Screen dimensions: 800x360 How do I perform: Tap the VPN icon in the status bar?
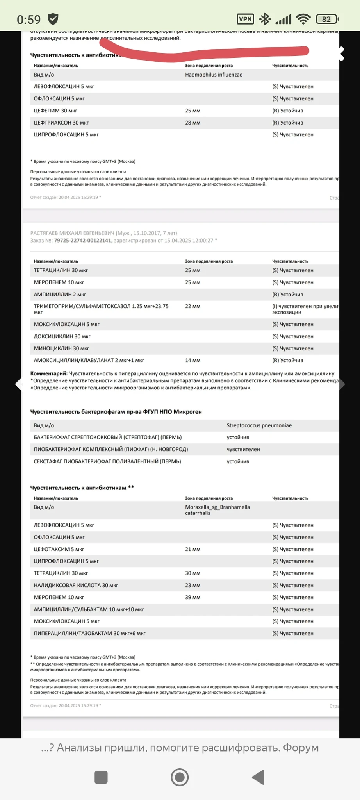pyautogui.click(x=245, y=19)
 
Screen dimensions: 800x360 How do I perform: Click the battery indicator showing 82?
pyautogui.click(x=327, y=19)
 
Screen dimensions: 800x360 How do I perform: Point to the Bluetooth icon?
pyautogui.click(x=265, y=19)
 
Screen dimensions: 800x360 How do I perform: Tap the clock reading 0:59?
pyautogui.click(x=29, y=20)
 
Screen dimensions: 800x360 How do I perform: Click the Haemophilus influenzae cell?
pyautogui.click(x=214, y=75)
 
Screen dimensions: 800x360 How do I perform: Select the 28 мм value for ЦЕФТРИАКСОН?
pyautogui.click(x=192, y=123)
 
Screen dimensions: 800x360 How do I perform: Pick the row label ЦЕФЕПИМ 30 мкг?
pyautogui.click(x=55, y=111)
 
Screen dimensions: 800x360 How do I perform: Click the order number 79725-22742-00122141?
pyautogui.click(x=83, y=241)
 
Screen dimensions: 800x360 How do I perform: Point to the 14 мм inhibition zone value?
pyautogui.click(x=192, y=360)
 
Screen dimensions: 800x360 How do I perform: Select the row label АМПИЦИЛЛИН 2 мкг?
pyautogui.click(x=60, y=295)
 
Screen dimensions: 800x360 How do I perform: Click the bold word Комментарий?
pyautogui.click(x=49, y=373)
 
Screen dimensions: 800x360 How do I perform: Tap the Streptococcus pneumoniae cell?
pyautogui.click(x=259, y=425)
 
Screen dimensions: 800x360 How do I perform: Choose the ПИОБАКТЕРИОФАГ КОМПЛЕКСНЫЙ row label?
pyautogui.click(x=110, y=449)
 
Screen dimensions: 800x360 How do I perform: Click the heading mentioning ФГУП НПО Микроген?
pyautogui.click(x=116, y=412)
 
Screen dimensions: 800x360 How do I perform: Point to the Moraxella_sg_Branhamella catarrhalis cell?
pyautogui.click(x=217, y=510)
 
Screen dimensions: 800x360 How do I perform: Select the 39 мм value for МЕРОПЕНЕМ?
pyautogui.click(x=192, y=597)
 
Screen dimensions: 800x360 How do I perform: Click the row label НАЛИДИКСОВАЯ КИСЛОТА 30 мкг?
pyautogui.click(x=76, y=585)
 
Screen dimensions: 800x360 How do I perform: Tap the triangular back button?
pyautogui.click(x=258, y=777)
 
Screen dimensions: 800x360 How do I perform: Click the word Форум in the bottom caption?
pyautogui.click(x=301, y=748)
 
